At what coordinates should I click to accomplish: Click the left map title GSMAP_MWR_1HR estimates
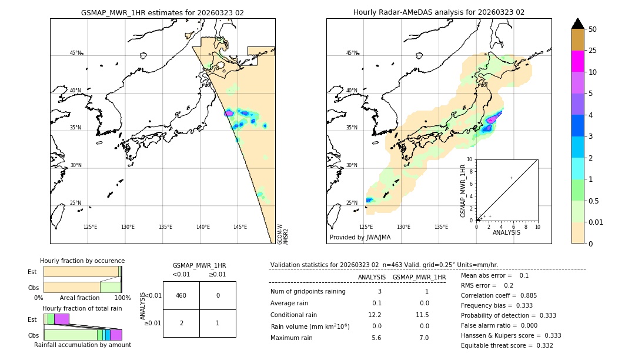(162, 12)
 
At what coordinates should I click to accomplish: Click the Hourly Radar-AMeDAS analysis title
(439, 12)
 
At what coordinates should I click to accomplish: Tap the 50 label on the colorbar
(593, 29)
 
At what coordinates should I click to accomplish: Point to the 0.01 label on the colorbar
(597, 222)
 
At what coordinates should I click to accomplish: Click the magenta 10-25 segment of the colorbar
(577, 61)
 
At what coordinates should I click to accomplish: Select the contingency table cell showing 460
(181, 295)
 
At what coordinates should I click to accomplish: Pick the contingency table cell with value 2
(181, 323)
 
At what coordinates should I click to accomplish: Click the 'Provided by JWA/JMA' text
(360, 238)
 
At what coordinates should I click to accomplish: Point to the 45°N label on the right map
(352, 53)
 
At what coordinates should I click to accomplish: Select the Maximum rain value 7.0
(423, 338)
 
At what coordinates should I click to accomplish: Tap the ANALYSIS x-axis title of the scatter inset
(506, 232)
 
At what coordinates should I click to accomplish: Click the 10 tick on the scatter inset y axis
(470, 159)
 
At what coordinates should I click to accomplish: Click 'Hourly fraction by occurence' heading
(82, 261)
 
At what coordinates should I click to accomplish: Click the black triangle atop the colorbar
(577, 24)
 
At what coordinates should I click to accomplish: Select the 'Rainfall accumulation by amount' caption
(82, 345)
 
